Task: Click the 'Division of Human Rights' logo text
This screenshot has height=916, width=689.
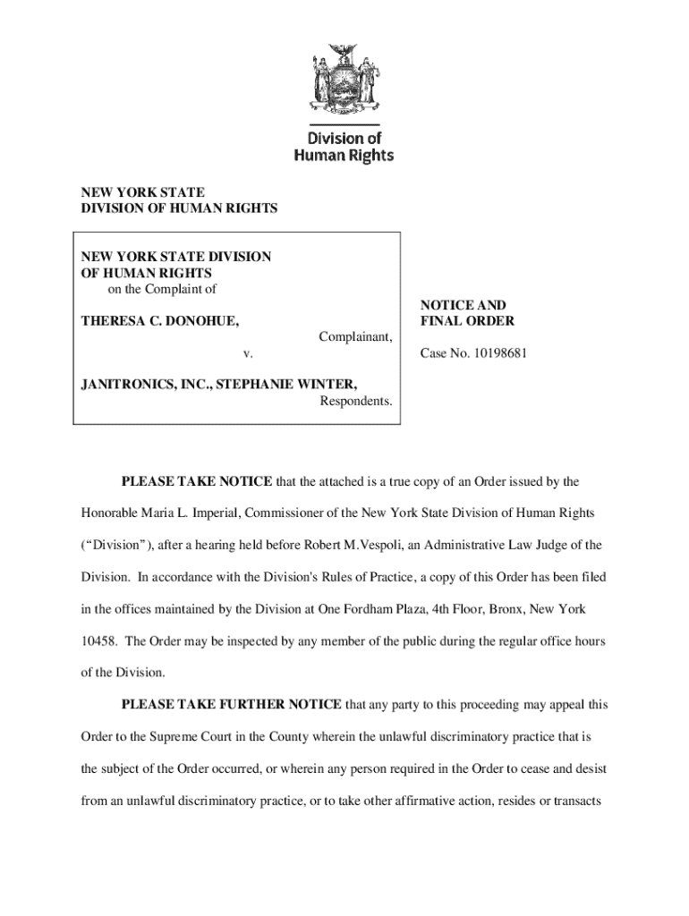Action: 344,147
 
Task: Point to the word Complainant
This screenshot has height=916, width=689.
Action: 354,337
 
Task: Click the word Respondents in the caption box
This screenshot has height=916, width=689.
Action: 356,401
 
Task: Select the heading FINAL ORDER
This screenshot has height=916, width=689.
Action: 468,321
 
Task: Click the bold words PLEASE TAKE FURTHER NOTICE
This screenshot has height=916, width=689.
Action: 231,705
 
